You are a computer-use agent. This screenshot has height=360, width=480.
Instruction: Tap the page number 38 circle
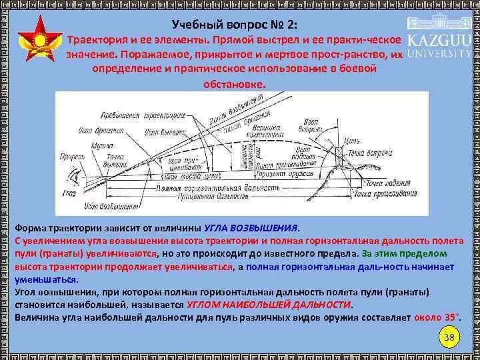449,337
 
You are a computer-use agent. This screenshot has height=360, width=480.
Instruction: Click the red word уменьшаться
45,279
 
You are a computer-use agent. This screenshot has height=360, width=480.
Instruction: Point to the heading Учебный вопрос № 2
235,25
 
